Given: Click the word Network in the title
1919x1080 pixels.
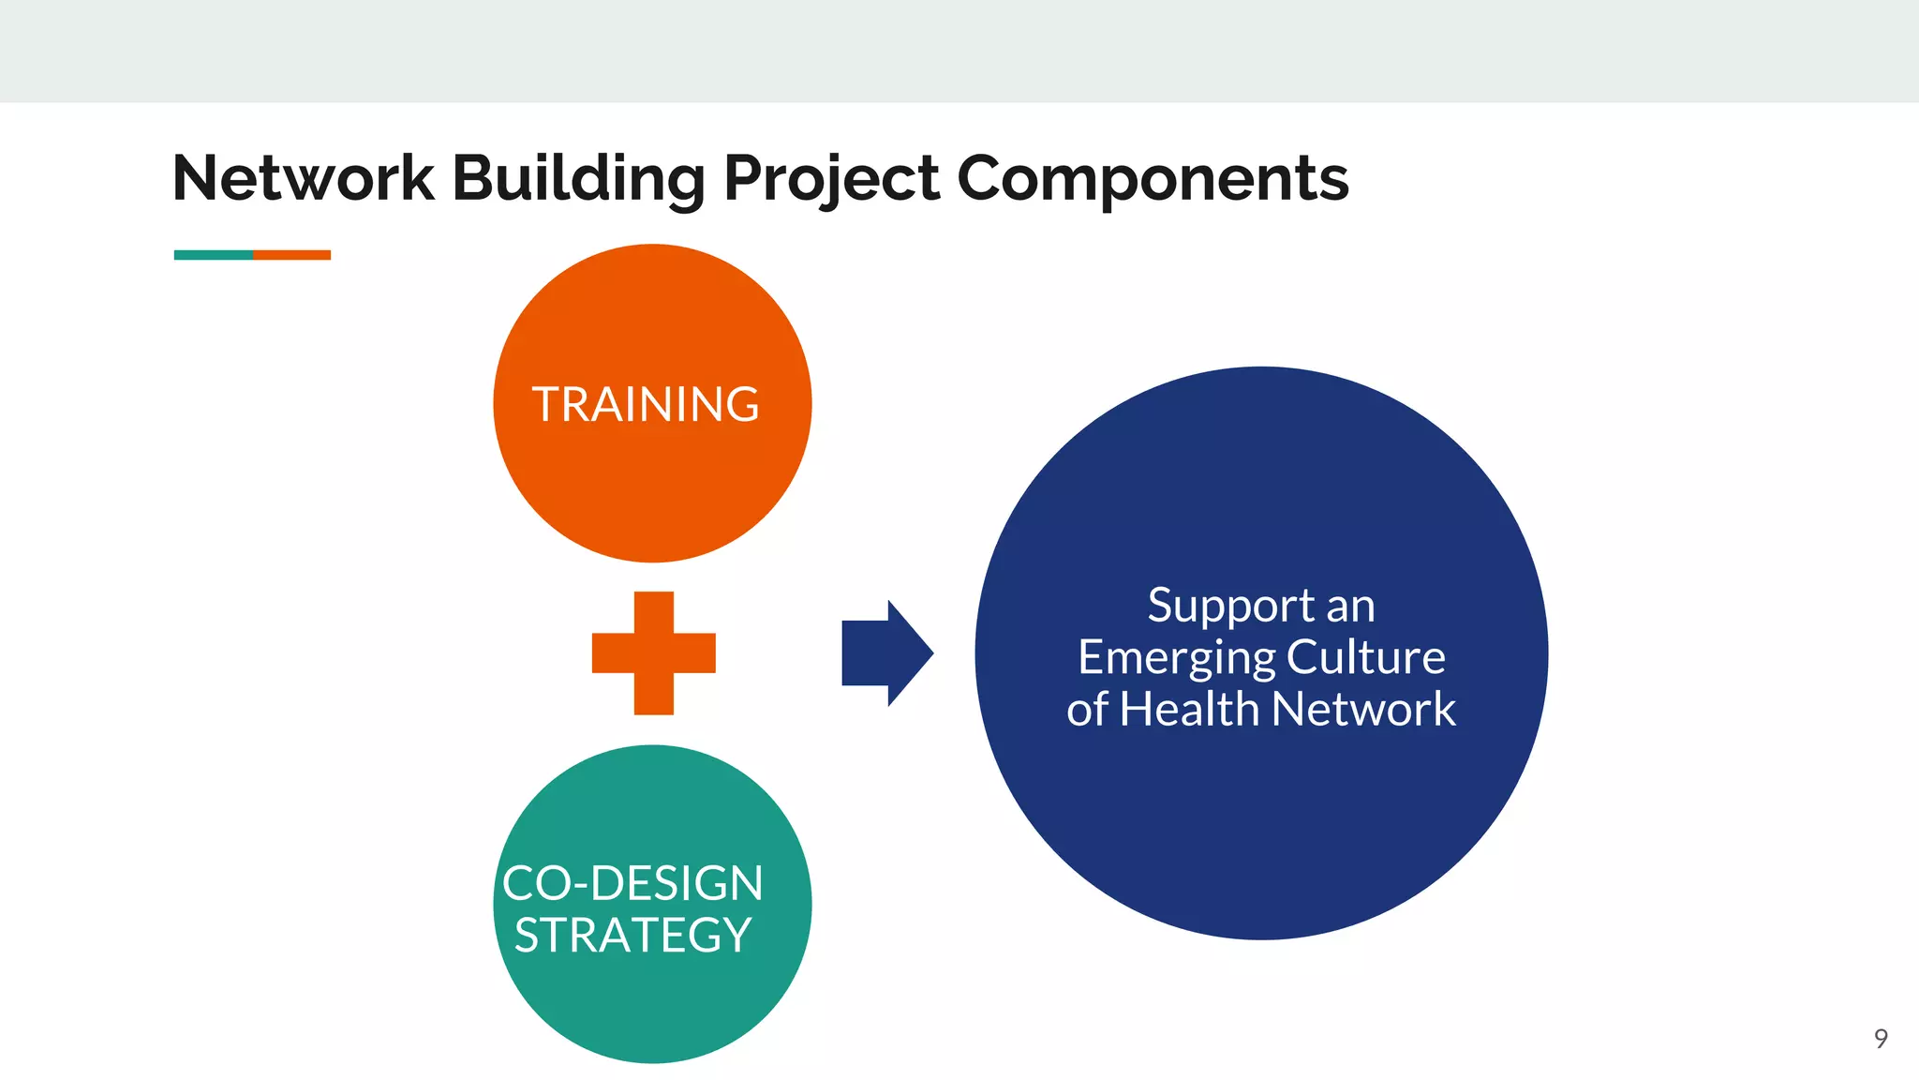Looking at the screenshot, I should click(303, 178).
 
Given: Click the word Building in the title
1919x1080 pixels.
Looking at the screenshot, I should click(578, 178).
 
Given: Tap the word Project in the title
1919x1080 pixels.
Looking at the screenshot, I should click(831, 178).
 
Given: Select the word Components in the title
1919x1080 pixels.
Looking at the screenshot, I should click(1153, 178).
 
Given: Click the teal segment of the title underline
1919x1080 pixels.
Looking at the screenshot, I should click(213, 255).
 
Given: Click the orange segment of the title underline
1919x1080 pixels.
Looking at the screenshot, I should click(291, 255).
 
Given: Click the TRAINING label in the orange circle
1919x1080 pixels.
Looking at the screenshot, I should click(646, 405).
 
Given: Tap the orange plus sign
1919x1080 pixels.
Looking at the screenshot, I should click(653, 653).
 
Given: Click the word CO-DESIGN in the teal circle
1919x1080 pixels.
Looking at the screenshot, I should click(632, 883).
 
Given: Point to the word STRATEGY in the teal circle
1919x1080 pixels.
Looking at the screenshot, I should click(632, 936).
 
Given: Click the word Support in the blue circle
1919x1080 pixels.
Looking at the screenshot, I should click(1231, 607).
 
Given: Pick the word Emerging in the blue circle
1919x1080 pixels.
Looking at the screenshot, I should click(1177, 657).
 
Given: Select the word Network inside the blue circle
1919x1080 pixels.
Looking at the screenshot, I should click(1363, 709).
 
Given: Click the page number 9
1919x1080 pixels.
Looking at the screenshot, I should click(1881, 1039).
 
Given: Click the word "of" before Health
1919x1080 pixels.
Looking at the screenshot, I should click(1087, 709).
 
